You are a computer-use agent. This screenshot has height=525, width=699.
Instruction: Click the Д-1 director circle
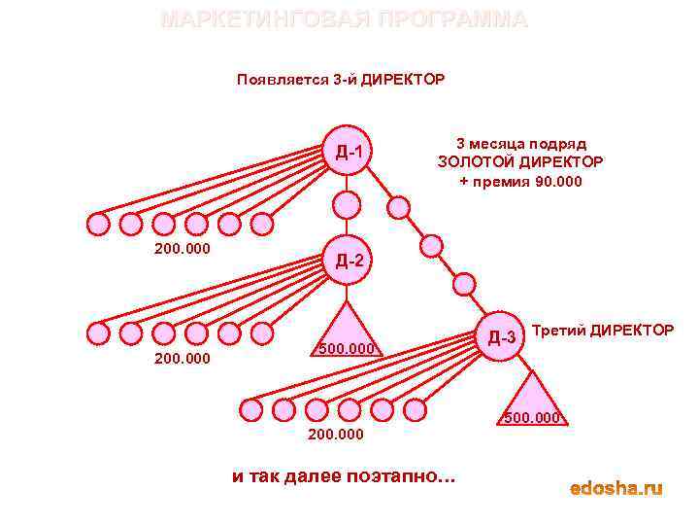tap(348, 151)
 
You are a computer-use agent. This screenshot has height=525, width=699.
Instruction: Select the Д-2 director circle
tap(348, 260)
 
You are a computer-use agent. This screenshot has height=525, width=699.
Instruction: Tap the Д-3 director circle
tap(501, 336)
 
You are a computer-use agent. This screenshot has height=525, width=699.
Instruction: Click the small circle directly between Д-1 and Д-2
tap(347, 204)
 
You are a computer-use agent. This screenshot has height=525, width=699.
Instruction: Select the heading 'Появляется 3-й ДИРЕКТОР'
tap(341, 79)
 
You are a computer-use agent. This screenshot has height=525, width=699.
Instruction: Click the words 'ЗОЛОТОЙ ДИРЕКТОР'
tap(520, 161)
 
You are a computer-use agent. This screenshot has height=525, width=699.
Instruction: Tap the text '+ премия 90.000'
tap(520, 181)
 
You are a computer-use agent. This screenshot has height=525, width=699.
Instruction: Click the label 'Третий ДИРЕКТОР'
tap(603, 331)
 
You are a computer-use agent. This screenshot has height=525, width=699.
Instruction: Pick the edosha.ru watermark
tap(616, 487)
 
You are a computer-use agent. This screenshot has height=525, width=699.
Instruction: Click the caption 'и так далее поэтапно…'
tap(343, 476)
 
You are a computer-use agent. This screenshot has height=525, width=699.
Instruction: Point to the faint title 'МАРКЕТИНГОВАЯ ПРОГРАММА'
tap(344, 19)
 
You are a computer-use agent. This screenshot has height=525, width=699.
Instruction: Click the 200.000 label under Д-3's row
tap(336, 434)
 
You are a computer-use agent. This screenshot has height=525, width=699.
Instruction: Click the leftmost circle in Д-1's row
tap(98, 225)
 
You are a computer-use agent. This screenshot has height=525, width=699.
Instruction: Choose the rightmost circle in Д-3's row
tap(415, 409)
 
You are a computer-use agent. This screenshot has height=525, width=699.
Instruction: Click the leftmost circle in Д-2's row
tap(98, 332)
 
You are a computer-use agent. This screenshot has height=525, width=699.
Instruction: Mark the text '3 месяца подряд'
tap(520, 143)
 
